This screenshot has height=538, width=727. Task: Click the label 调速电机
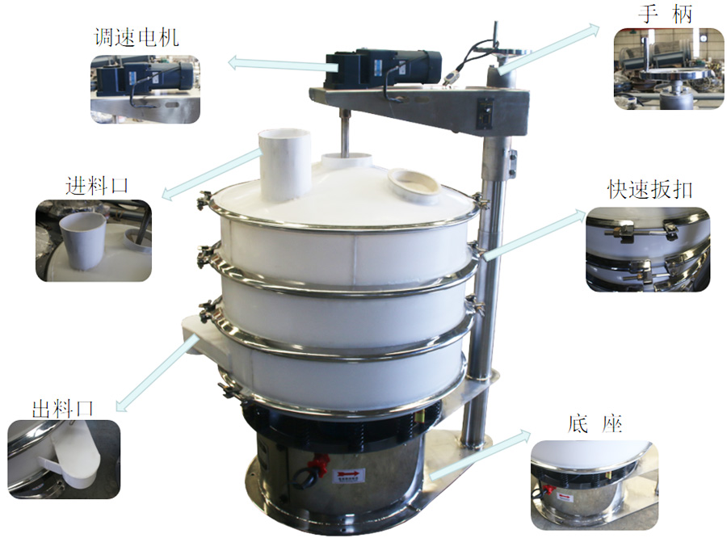(x=136, y=36)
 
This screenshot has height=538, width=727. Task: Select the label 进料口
(x=97, y=185)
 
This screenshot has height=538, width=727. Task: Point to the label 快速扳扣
(x=650, y=189)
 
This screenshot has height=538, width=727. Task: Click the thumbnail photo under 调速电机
(x=145, y=89)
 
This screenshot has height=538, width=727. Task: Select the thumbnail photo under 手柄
(x=668, y=69)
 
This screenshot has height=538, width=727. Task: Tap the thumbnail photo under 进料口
(x=94, y=241)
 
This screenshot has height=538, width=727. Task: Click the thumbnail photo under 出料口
(x=64, y=458)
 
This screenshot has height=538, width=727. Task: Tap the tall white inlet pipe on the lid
(x=284, y=162)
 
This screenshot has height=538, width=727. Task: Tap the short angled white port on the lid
(x=414, y=184)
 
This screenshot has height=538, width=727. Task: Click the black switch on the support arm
(x=485, y=113)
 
